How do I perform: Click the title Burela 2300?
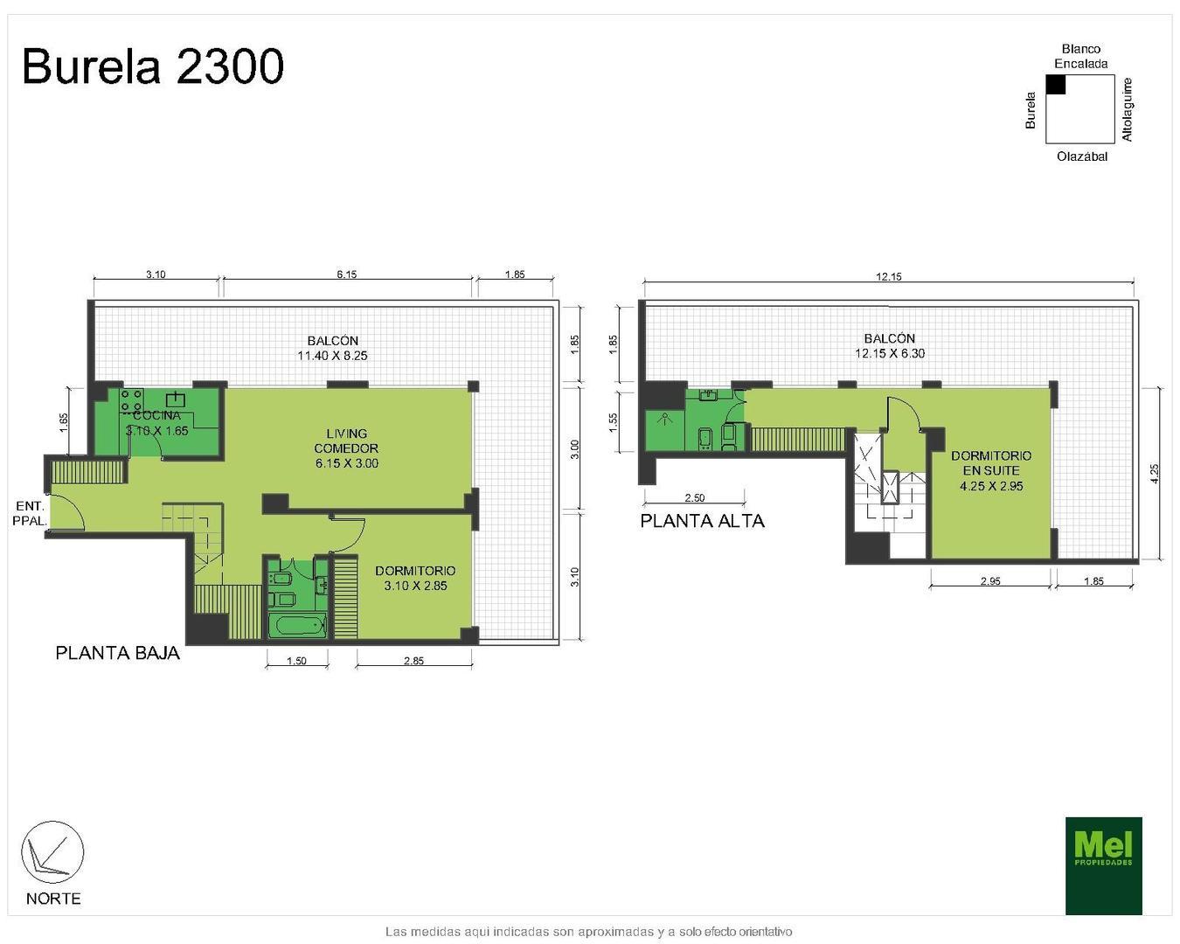point(153,66)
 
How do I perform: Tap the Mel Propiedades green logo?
point(1103,865)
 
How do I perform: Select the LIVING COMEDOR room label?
point(347,448)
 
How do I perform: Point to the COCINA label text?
point(157,416)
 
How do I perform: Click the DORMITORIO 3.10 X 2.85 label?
point(415,578)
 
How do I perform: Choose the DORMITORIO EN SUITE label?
point(991,470)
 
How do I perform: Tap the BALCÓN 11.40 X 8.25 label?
point(332,348)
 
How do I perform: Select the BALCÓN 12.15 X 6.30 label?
point(890,346)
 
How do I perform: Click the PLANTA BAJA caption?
point(118,653)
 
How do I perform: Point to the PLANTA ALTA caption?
point(703,521)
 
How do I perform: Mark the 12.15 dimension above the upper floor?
point(889,276)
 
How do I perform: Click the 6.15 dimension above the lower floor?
point(347,274)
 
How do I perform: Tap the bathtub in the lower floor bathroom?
point(297,626)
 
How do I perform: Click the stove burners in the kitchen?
point(132,400)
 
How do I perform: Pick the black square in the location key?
point(1056,84)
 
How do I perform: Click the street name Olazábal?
point(1082,157)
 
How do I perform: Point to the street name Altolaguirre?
point(1128,109)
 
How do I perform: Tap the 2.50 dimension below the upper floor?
point(695,498)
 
